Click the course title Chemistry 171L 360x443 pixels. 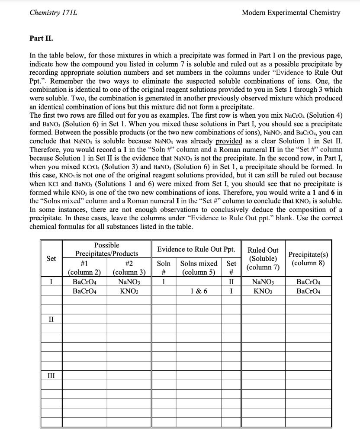53,13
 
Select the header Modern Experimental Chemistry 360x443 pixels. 291,13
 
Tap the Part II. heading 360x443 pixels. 42,38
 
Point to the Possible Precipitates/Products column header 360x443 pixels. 107,249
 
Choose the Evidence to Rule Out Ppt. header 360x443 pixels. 196,250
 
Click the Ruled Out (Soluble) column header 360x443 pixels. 263,259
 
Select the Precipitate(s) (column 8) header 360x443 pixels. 308,259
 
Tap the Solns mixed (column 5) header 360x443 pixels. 199,267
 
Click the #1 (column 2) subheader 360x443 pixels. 84,267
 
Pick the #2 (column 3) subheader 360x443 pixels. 129,267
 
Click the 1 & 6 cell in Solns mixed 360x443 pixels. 199,291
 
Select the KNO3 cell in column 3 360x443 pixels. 129,291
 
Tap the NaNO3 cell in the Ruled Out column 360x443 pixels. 263,282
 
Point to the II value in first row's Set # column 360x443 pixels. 231,282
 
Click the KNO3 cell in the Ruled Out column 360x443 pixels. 263,291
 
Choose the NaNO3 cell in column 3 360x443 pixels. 129,282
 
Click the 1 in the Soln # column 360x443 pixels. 163,282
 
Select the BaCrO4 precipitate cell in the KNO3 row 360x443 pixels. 308,291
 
